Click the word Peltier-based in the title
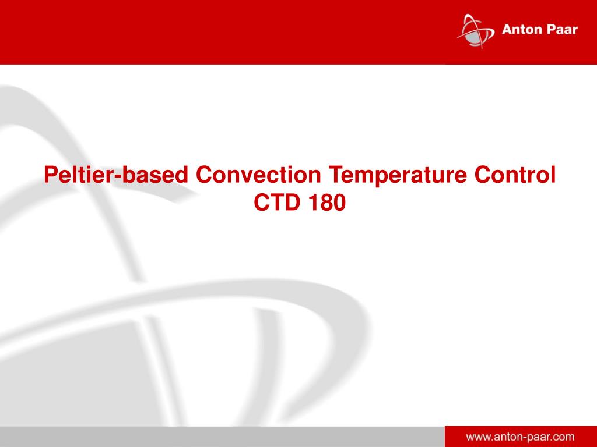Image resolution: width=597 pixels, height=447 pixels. click(x=116, y=175)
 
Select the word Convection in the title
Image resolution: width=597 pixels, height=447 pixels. click(x=258, y=175)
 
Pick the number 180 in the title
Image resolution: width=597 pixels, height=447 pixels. click(x=327, y=202)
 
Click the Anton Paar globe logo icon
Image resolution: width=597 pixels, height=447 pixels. click(x=476, y=31)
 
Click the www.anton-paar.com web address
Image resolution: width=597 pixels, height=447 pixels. click(x=521, y=437)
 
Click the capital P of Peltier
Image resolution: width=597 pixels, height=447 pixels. click(x=51, y=175)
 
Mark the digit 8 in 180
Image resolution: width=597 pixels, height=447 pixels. click(x=327, y=202)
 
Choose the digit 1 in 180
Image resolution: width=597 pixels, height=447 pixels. click(x=314, y=202)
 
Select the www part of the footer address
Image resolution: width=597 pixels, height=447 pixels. click(x=479, y=438)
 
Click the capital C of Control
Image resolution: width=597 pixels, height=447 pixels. click(x=483, y=175)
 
